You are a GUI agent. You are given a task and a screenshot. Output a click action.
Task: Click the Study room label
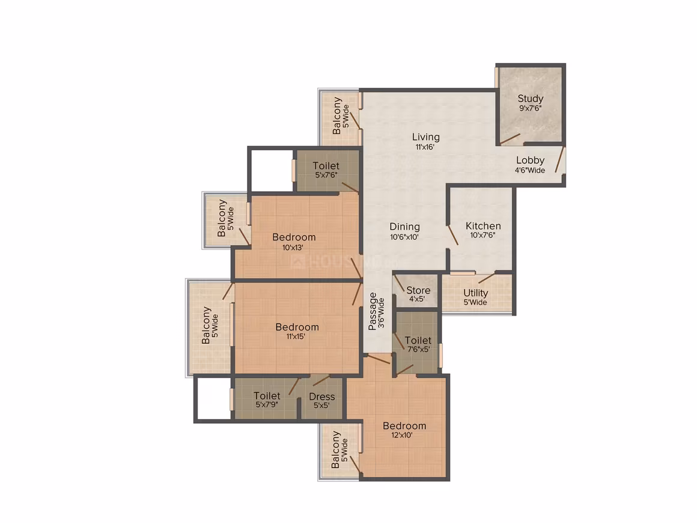(531, 98)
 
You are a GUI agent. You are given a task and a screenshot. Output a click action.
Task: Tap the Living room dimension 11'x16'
(425, 147)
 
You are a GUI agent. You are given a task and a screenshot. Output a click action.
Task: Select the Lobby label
(531, 160)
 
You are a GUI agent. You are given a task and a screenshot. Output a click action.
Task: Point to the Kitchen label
(483, 225)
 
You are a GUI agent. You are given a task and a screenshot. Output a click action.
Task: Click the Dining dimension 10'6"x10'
(404, 237)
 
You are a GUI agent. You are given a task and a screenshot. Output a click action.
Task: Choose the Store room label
(418, 290)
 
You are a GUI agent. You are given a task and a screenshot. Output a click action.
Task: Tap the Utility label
(476, 293)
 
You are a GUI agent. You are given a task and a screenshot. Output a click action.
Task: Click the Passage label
(373, 311)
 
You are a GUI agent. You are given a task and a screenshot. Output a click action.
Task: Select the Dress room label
(322, 396)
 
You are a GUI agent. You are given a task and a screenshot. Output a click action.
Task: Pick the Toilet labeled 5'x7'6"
(326, 166)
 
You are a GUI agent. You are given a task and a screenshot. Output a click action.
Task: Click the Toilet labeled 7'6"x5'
(418, 340)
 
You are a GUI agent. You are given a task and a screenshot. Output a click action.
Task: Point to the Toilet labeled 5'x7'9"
(267, 396)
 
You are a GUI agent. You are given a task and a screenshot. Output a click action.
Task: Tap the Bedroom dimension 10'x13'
(293, 248)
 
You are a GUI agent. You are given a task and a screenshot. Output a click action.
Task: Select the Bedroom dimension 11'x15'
(296, 337)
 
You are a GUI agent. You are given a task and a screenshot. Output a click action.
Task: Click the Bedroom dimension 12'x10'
(402, 435)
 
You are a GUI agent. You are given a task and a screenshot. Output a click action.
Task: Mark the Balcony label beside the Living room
(337, 115)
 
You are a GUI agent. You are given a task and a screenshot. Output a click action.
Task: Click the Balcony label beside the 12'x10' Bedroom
(336, 449)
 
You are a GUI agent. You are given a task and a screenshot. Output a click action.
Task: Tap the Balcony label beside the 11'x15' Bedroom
(206, 325)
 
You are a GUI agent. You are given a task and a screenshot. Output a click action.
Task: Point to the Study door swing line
(510, 139)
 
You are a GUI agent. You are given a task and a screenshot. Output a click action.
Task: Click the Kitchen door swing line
(453, 235)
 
